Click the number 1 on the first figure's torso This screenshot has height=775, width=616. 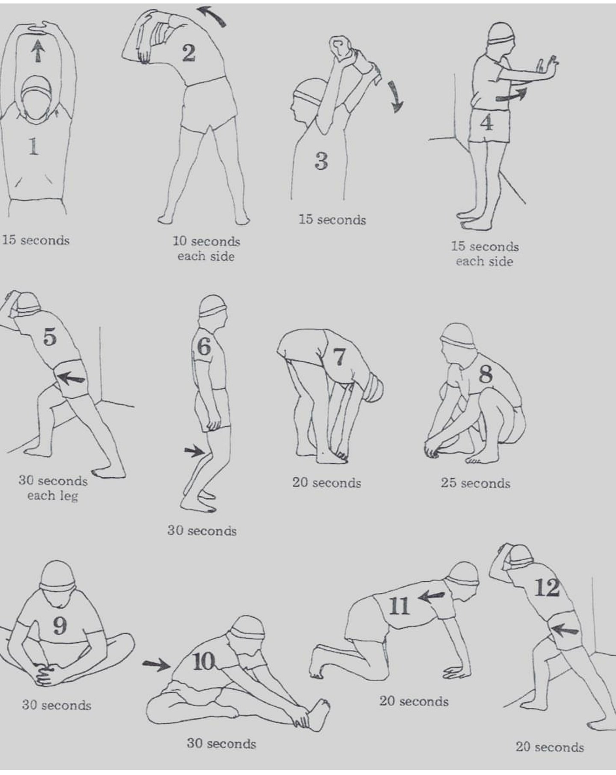coord(33,147)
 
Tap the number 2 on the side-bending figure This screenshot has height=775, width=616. coord(189,53)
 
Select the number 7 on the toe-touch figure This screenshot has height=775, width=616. coord(338,357)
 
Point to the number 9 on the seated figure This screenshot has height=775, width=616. coord(60,626)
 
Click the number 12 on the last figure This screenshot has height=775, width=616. coord(547,588)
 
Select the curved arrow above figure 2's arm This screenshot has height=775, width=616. coord(212,16)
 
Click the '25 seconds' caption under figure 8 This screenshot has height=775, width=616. coord(476,484)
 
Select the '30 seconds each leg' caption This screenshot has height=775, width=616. coord(53,488)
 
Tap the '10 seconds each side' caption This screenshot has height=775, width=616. coord(206,249)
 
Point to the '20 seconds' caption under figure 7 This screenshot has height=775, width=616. coord(327,483)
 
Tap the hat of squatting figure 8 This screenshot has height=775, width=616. coord(459,334)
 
